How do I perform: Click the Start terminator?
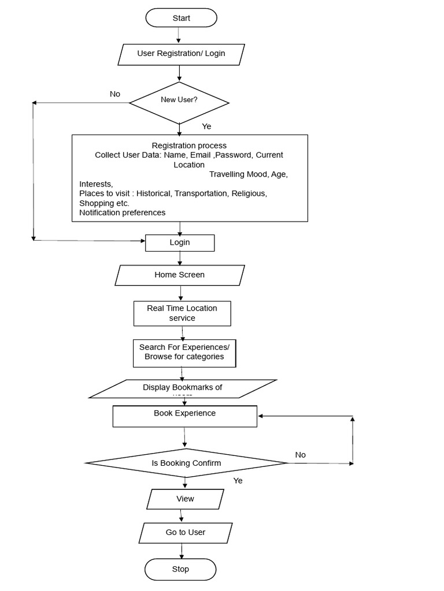tap(181, 18)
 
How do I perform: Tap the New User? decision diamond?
tap(179, 100)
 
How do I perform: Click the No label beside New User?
tap(115, 93)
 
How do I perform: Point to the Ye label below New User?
tap(206, 126)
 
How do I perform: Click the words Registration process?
tap(189, 145)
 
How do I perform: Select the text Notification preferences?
tap(122, 212)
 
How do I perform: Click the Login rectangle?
tap(180, 242)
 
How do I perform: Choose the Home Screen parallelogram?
tap(180, 275)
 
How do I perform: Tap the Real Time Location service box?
tap(182, 313)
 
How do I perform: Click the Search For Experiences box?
tap(184, 352)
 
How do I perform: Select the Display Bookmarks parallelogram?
tap(183, 388)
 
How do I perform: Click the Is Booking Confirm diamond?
tap(186, 463)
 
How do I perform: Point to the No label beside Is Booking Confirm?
tap(300, 455)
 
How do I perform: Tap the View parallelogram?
tap(185, 499)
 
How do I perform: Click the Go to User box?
tap(186, 532)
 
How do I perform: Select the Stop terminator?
tap(180, 569)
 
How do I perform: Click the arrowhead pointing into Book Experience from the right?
tap(261, 416)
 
